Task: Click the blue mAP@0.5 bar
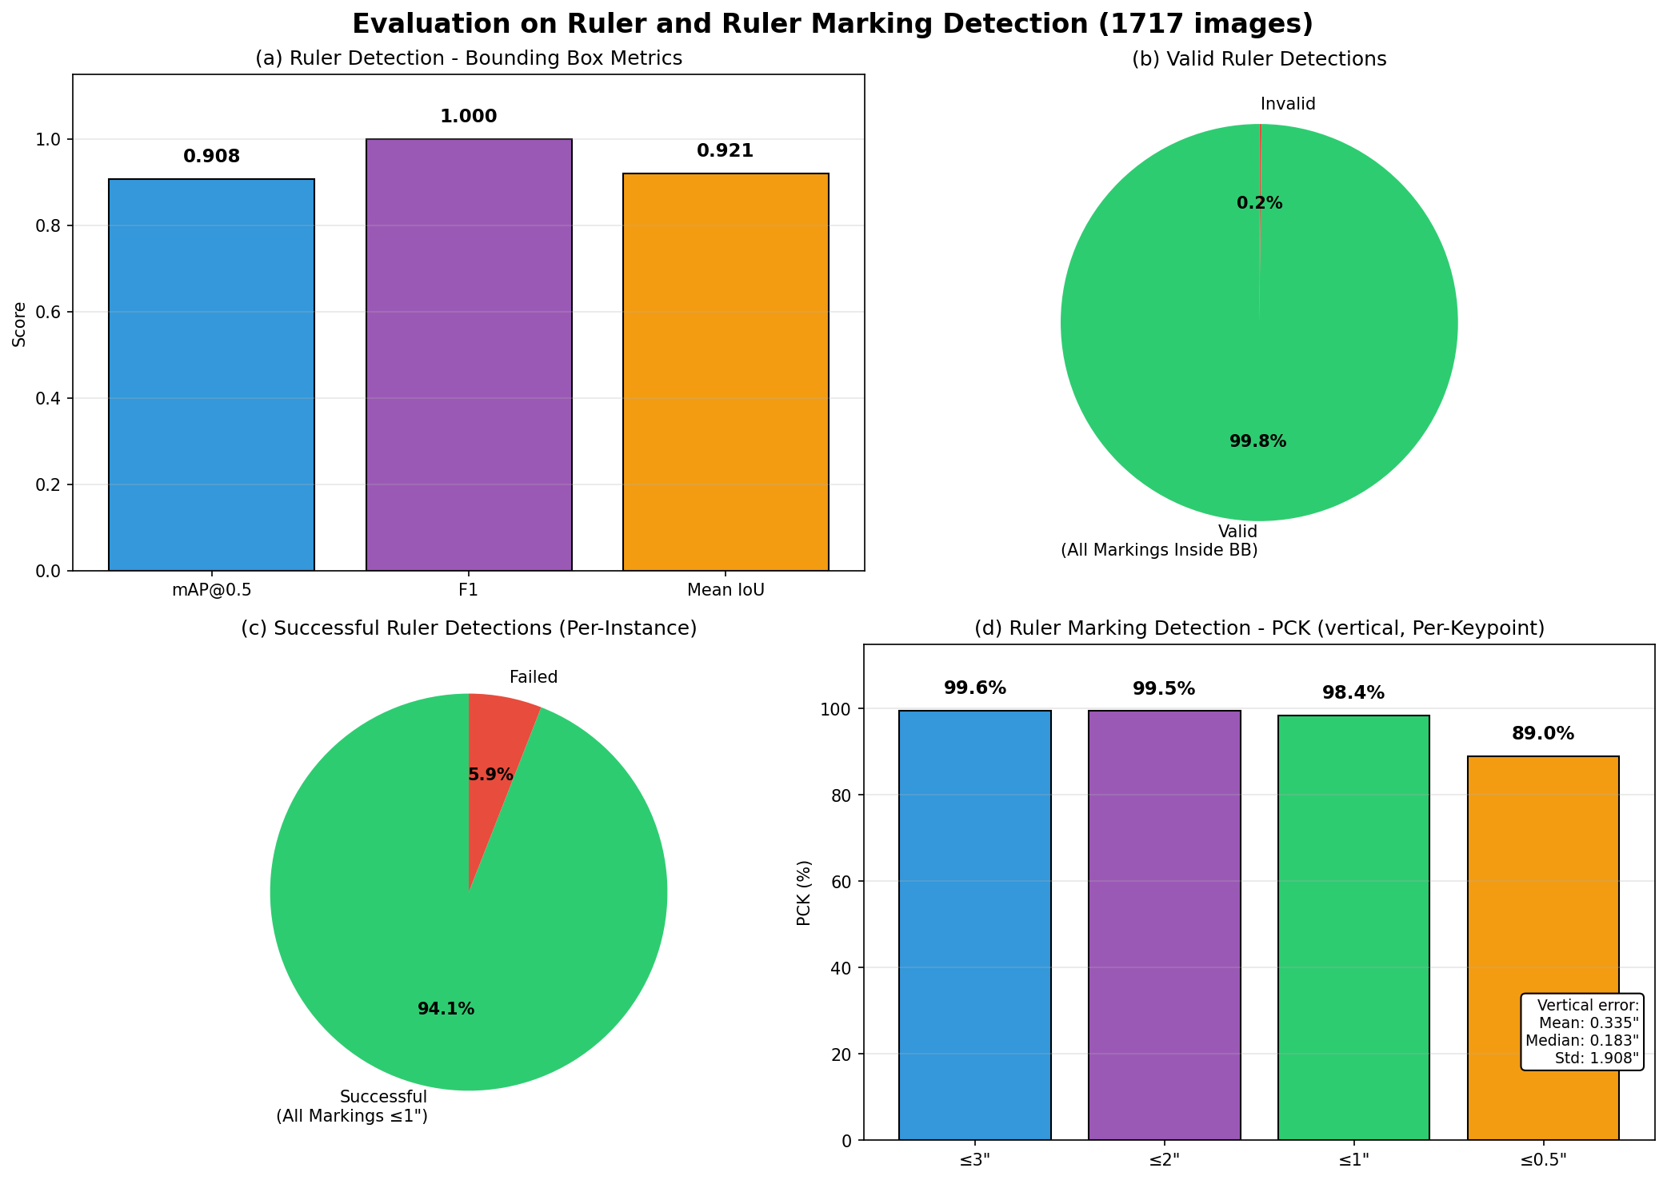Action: click(x=211, y=375)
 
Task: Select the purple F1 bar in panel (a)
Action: click(x=469, y=355)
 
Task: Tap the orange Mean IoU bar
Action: click(x=726, y=372)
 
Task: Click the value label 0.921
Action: click(x=725, y=151)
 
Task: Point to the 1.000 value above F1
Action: click(x=468, y=117)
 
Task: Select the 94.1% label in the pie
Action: click(x=446, y=1009)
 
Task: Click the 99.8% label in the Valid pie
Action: click(x=1257, y=441)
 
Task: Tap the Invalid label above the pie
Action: click(x=1288, y=104)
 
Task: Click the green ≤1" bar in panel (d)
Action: click(x=1353, y=927)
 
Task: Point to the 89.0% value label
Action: click(x=1543, y=734)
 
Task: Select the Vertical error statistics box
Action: click(x=1581, y=1032)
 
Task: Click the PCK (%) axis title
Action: click(x=804, y=893)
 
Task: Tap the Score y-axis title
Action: click(x=20, y=324)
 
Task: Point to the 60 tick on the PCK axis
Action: click(x=840, y=882)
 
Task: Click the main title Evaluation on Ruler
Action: click(x=833, y=24)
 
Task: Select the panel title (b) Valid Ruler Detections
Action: click(x=1259, y=59)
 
